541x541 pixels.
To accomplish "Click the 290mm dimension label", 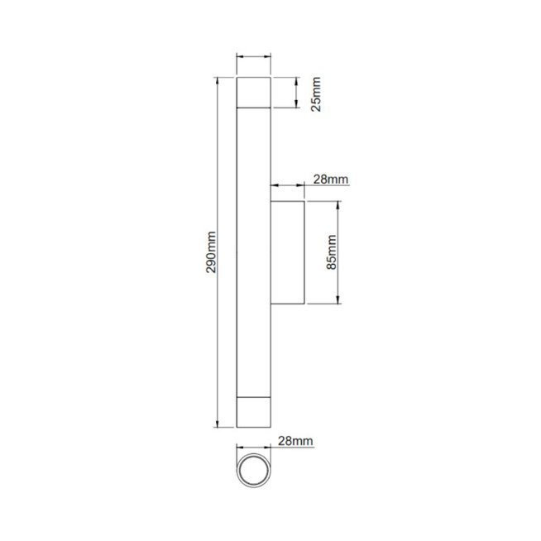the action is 211,252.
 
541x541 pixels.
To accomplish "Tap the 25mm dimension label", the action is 316,94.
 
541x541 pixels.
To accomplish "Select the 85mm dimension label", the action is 331,252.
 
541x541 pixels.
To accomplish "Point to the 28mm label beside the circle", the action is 295,441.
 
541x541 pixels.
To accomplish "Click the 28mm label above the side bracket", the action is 331,180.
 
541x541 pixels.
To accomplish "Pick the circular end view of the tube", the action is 254,470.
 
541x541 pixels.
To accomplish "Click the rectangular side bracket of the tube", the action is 287,252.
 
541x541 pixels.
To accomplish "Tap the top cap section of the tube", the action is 254,93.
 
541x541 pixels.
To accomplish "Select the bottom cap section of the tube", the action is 254,412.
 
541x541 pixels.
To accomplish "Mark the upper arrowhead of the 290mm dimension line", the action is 217,80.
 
